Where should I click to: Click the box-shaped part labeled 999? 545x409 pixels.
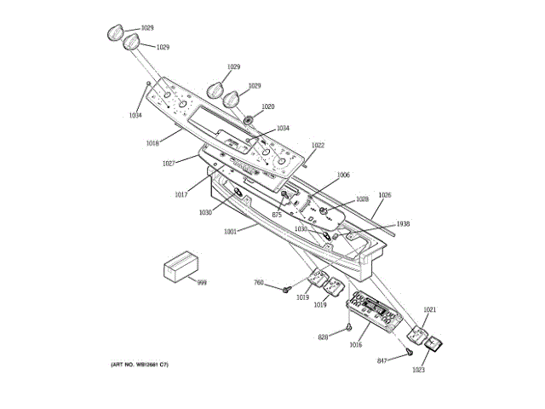tap(180, 267)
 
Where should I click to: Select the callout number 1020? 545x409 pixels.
tap(267, 107)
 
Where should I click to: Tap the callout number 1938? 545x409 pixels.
tap(403, 224)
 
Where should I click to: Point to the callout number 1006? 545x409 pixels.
tap(343, 175)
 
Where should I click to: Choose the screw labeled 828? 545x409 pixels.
tap(349, 328)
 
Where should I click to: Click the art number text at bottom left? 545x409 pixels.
tap(140, 365)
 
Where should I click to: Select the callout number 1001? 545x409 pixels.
tap(230, 231)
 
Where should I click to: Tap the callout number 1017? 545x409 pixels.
tap(181, 194)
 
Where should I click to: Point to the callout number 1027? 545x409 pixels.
tap(169, 163)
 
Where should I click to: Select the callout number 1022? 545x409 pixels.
tap(318, 146)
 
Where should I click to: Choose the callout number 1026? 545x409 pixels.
tap(385, 195)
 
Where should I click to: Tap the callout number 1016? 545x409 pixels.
tap(355, 345)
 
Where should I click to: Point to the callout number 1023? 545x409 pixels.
tap(418, 370)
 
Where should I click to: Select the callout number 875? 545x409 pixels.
tap(277, 215)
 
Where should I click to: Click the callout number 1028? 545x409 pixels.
tap(362, 199)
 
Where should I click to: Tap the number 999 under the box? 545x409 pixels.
tap(202, 282)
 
